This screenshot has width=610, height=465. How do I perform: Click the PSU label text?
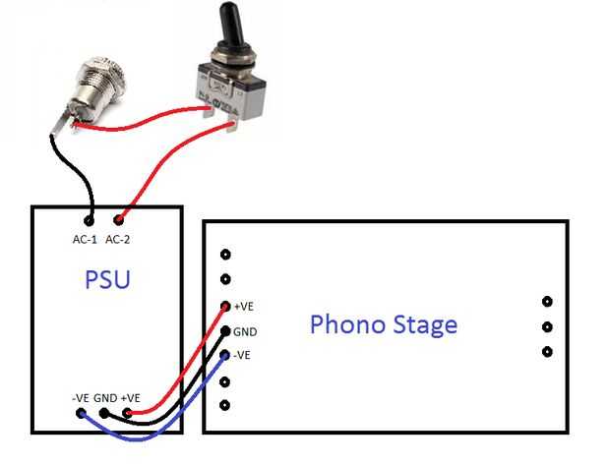[x=106, y=281]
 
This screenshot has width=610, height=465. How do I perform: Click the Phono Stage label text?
[x=384, y=324]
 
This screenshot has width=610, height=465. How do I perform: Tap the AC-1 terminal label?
[x=85, y=239]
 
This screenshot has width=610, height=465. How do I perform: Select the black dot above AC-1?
[x=90, y=220]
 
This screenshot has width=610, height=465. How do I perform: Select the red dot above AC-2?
[x=120, y=219]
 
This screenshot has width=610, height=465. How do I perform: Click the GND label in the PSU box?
[x=104, y=397]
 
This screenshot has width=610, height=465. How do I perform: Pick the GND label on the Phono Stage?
[x=247, y=331]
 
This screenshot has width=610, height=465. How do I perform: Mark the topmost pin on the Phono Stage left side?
[x=225, y=255]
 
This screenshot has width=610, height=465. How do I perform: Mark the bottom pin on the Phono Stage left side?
[x=225, y=405]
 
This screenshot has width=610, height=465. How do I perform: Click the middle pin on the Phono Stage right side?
[x=547, y=326]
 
